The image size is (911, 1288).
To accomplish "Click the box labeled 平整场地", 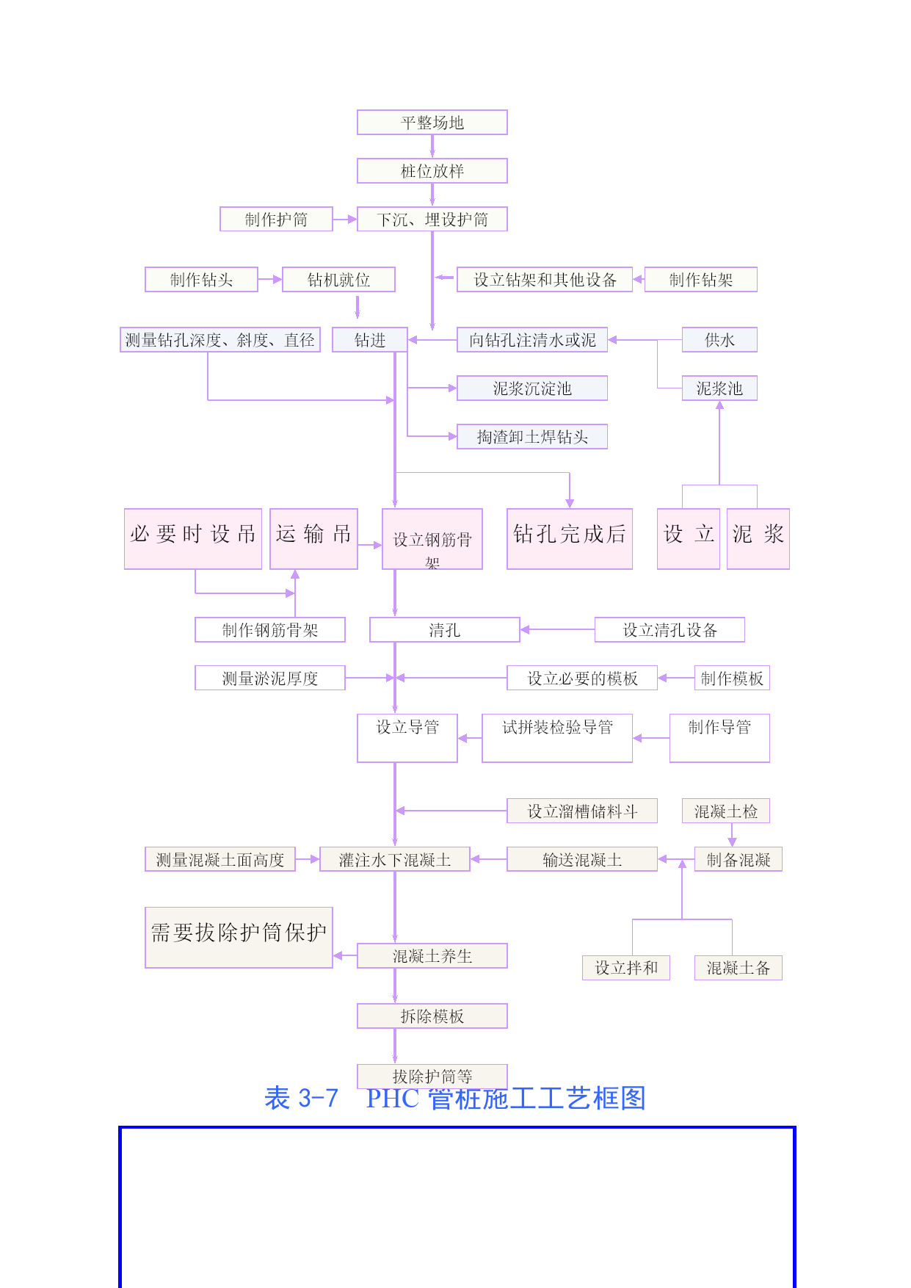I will point(432,123).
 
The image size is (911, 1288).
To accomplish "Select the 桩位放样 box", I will point(432,171).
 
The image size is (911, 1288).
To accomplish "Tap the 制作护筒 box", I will point(276,220).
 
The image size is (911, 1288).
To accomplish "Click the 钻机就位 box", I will point(338,280).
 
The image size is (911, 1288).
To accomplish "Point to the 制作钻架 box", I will point(700,280).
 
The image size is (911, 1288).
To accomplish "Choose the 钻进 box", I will point(369,340).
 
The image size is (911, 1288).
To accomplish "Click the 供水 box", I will point(719,340).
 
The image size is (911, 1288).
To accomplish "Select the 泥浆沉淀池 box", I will point(531,388).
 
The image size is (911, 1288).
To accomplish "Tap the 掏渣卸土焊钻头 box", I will point(531,437).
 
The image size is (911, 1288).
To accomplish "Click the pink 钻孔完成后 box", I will point(569,538).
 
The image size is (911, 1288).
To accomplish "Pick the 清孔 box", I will point(444,630).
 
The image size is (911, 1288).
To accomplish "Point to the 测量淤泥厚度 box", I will point(269,679).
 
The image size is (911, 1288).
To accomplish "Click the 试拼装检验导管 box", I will point(556,737).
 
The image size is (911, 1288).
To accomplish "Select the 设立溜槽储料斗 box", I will point(581,811).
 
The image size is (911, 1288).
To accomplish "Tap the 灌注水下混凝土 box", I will point(394,860).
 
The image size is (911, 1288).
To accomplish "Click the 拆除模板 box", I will point(432,1016).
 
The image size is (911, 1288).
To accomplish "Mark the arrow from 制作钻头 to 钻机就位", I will point(269,280).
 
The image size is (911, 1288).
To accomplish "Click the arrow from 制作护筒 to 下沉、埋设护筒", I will point(344,220).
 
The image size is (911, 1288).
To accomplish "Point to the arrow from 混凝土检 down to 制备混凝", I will point(732,835).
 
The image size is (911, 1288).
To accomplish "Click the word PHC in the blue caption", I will point(393,1099).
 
